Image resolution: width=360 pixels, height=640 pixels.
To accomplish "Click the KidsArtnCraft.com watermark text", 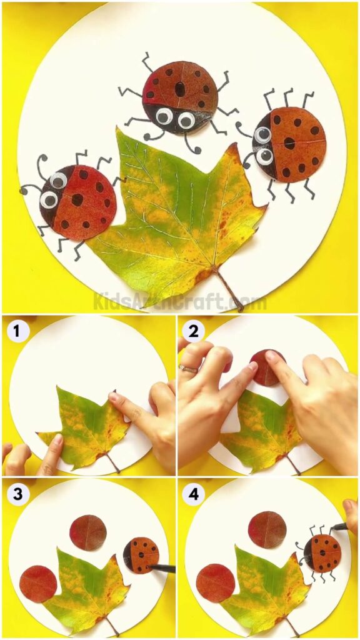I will click(x=180, y=302).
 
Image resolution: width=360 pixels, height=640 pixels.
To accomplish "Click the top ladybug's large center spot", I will click(x=180, y=89).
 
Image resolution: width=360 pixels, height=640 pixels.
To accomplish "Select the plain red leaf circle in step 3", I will click(x=38, y=584).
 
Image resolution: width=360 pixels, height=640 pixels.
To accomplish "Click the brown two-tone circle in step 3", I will click(x=88, y=532).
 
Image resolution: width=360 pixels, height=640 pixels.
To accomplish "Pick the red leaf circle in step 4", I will click(x=216, y=582).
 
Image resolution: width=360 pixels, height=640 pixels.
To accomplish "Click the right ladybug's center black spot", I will click(x=289, y=142).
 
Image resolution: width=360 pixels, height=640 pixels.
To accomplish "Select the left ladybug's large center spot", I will click(x=77, y=199).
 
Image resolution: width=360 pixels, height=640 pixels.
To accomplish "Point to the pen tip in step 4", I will click(x=333, y=529).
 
